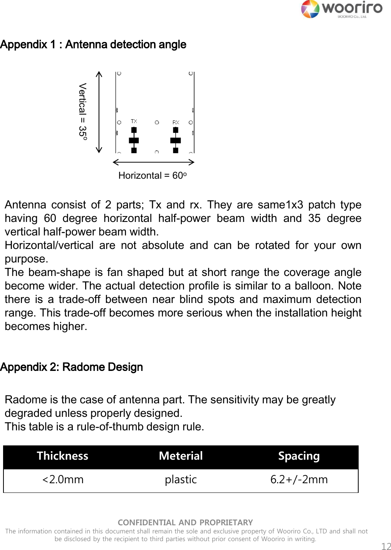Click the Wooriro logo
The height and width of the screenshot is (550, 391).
point(341,9)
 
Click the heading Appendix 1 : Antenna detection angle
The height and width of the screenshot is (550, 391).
point(93,45)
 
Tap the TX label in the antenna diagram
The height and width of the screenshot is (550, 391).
point(134,121)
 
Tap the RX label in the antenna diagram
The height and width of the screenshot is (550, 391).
point(176,122)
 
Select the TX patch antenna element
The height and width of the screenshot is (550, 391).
point(134,140)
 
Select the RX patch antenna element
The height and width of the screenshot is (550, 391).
point(176,140)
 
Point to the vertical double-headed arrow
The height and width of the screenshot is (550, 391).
point(99,112)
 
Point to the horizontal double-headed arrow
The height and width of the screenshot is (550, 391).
point(153,162)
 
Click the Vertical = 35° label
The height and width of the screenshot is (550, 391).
point(82,112)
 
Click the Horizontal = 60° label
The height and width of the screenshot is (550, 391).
point(153,176)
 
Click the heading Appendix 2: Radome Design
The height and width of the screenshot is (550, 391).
point(72,367)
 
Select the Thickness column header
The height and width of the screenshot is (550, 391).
point(62,456)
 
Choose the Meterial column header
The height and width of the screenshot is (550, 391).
point(181,456)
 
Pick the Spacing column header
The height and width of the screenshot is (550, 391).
point(299,456)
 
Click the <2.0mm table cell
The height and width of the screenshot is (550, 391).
point(62,480)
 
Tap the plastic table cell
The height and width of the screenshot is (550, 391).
point(181,480)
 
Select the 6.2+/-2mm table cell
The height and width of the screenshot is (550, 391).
point(299,480)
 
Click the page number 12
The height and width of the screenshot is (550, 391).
point(386,546)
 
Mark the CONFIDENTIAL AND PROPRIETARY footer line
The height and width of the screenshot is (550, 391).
point(185,523)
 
